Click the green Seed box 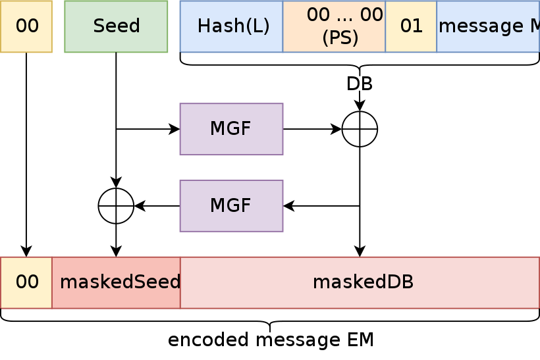[x=116, y=26]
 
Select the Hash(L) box [x=231, y=26]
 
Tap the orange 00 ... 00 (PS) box [x=334, y=26]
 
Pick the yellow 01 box [x=411, y=26]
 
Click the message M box [x=488, y=26]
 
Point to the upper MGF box [x=231, y=129]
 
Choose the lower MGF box [x=231, y=206]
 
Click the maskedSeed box [x=116, y=282]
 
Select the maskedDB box [x=360, y=282]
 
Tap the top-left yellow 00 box [x=26, y=26]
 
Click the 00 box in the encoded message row [x=26, y=282]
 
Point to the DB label [x=360, y=84]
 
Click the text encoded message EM [x=271, y=340]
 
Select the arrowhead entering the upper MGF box [x=175, y=129]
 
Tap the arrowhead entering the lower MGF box [x=288, y=206]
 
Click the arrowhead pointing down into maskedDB [x=360, y=251]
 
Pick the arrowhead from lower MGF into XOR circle [x=140, y=206]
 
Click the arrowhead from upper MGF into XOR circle [x=336, y=129]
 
